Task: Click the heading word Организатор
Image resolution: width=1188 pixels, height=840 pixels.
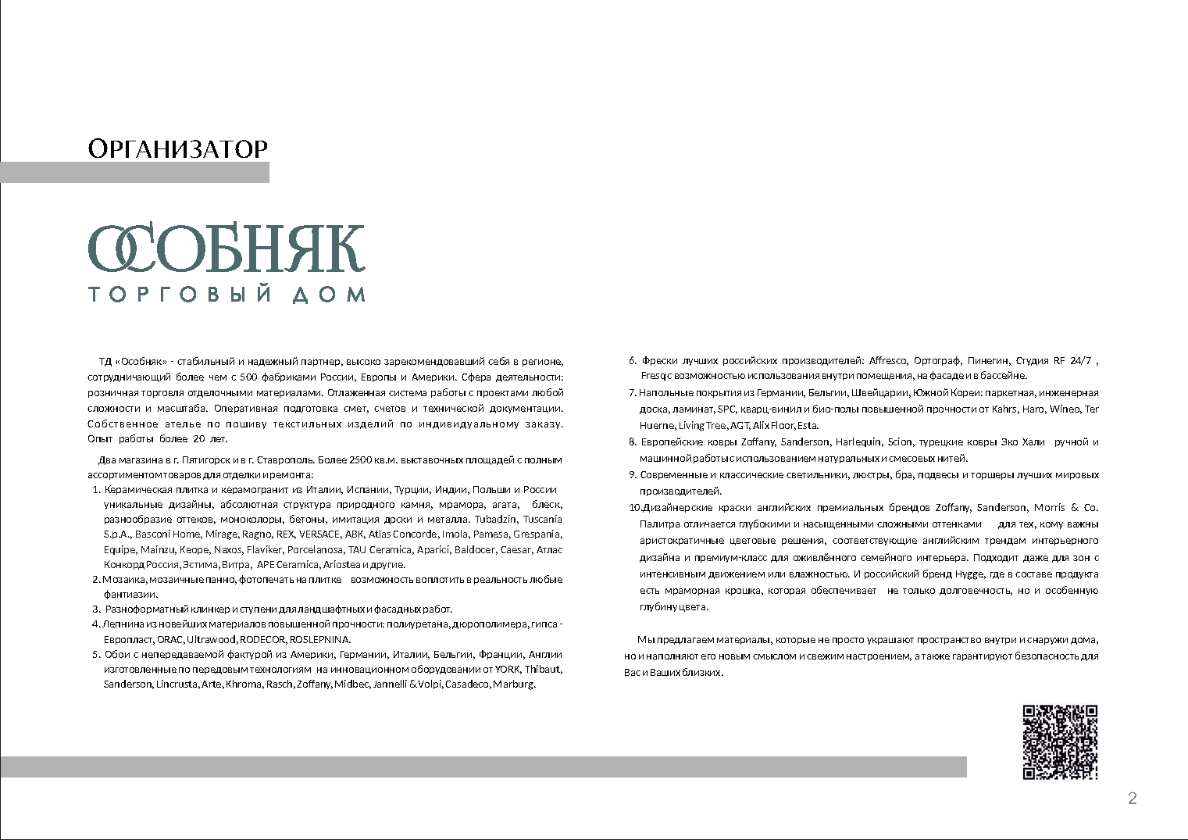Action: [x=178, y=148]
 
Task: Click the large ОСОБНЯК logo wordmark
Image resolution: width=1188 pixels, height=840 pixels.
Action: [x=227, y=249]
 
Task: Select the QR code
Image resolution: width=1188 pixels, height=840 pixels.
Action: [x=1060, y=742]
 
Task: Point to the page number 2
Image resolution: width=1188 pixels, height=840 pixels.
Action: [x=1133, y=798]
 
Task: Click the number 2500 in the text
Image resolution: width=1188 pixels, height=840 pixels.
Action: [x=352, y=459]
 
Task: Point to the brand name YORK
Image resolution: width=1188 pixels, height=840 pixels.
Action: [x=508, y=669]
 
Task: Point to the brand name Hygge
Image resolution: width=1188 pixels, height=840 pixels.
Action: [x=970, y=574]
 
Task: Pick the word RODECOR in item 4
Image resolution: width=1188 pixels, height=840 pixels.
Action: [x=262, y=639]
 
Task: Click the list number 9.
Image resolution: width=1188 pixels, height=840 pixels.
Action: [x=632, y=475]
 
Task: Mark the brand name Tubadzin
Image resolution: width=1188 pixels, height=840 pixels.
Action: [x=495, y=520]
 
